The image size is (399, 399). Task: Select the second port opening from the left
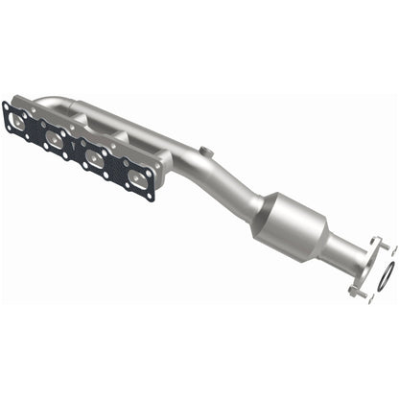[x=56, y=139]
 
